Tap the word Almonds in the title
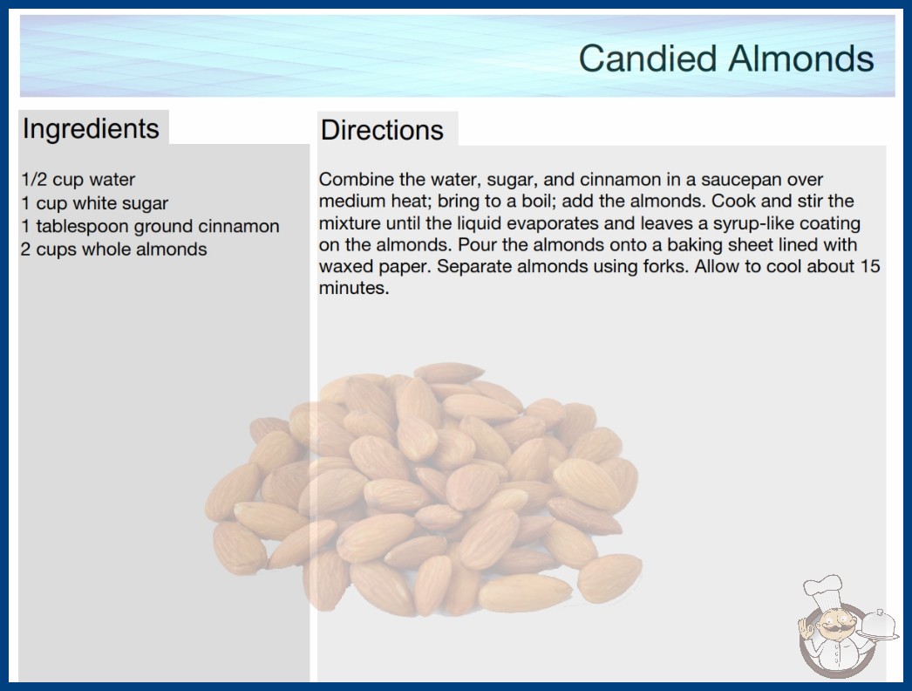pos(801,58)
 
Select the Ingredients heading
pos(90,129)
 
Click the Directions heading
pos(382,130)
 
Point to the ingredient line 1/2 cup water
pos(78,180)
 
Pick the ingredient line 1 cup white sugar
pos(94,202)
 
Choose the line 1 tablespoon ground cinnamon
pos(150,226)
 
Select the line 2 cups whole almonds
pos(114,250)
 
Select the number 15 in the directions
pos(870,266)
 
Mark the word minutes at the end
pos(354,288)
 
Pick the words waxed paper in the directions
pos(375,267)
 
